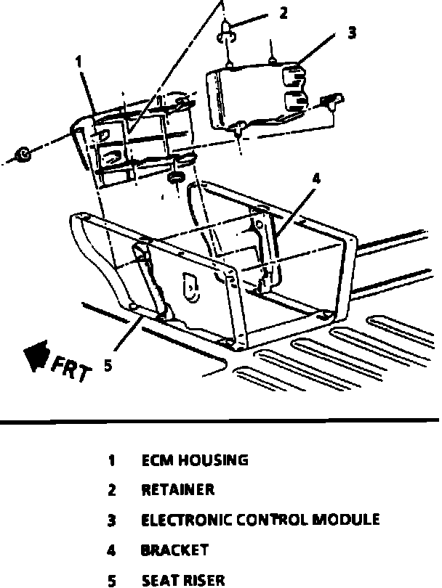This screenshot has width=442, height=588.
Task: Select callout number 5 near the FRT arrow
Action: (108, 366)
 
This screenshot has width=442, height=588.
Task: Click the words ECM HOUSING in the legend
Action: (194, 460)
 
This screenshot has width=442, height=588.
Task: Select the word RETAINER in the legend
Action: (178, 490)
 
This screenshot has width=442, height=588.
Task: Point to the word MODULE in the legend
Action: (350, 520)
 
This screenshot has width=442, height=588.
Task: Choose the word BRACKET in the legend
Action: (174, 550)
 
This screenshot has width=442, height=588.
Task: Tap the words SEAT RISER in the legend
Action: (183, 580)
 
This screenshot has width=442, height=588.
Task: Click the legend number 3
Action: (112, 520)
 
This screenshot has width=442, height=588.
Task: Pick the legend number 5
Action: (112, 580)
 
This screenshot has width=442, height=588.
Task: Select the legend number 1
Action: (112, 460)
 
